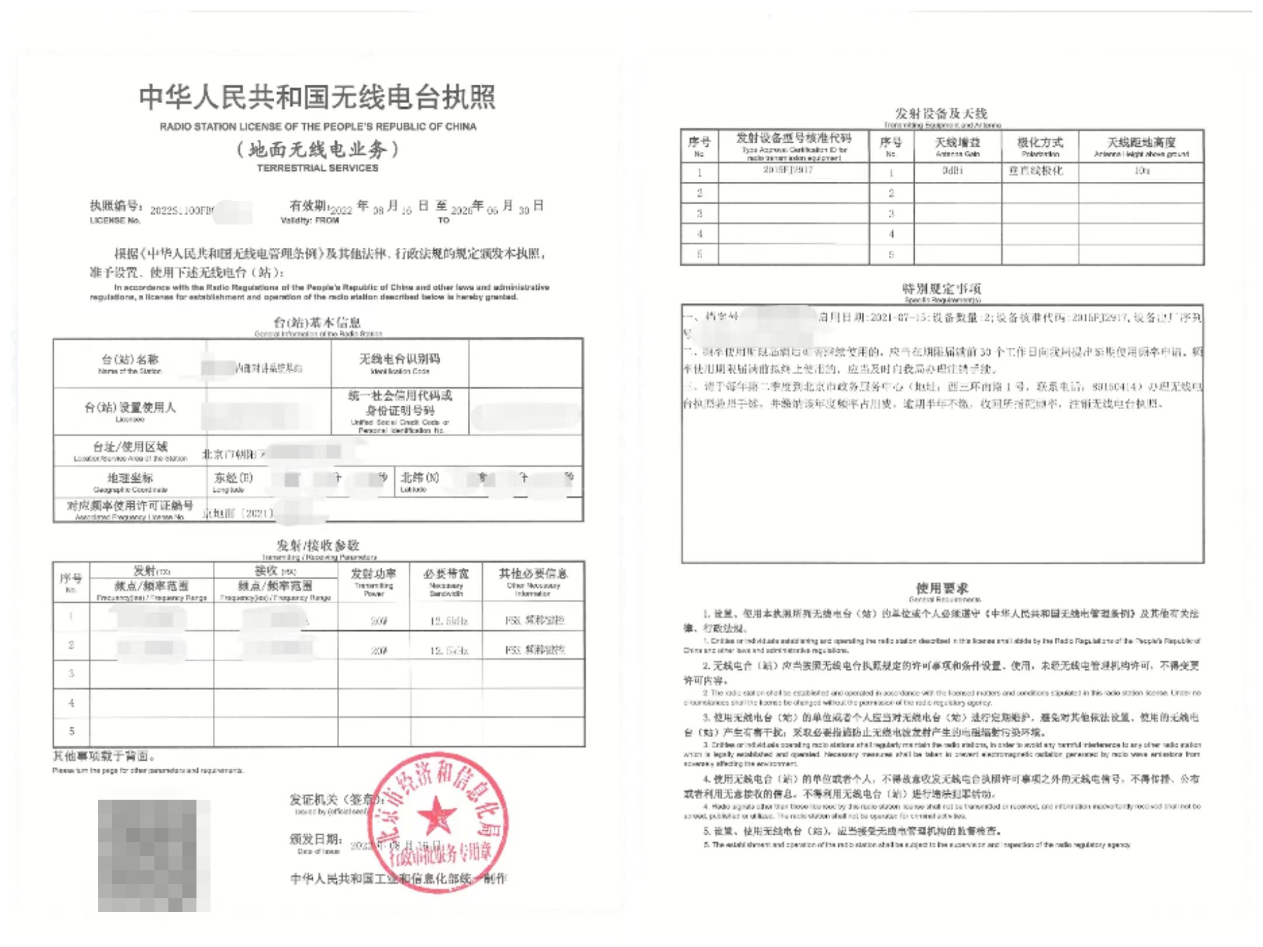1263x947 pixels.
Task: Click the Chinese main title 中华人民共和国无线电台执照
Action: coord(318,97)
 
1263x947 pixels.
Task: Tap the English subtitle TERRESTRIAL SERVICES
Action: coord(318,168)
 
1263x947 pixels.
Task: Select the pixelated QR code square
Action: coord(154,855)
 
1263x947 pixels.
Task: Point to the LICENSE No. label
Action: coord(115,220)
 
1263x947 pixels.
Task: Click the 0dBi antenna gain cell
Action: coord(953,171)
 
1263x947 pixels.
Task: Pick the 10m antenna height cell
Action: coord(1141,171)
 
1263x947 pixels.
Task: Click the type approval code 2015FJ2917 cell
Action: coord(788,170)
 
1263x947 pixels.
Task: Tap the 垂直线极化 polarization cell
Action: coord(1036,171)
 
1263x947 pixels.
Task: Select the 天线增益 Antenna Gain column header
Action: coord(957,146)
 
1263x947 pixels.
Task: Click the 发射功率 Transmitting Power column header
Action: coord(374,581)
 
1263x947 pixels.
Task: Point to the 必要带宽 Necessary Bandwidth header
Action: coord(446,581)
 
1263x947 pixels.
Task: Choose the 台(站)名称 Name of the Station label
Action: coord(130,364)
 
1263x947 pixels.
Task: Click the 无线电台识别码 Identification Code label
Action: coord(399,364)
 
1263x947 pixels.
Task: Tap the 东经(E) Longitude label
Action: coord(233,482)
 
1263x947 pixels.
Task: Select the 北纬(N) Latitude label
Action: coord(419,482)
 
